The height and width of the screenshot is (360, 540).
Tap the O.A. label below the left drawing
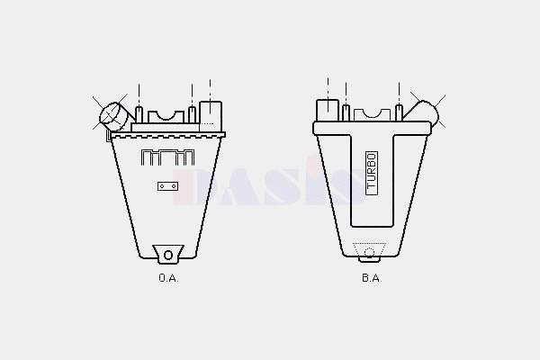point(169,278)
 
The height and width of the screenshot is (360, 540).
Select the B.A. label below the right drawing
point(372,278)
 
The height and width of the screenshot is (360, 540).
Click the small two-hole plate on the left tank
point(168,186)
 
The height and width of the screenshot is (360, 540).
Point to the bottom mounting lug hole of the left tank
point(168,256)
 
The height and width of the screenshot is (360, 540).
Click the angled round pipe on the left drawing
point(113,114)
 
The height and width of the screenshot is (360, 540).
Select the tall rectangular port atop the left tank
point(211,116)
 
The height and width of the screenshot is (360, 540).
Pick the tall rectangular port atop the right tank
point(328,110)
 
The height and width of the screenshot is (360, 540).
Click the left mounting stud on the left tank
point(139,115)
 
